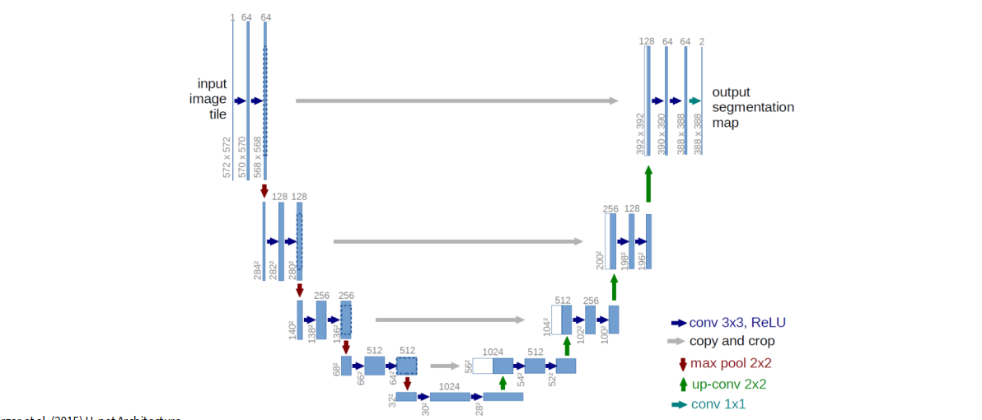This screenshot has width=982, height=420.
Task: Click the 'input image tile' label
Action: (x=211, y=99)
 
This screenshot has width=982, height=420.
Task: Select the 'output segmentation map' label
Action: (x=753, y=107)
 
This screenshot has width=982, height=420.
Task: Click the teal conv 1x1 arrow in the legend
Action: (x=679, y=404)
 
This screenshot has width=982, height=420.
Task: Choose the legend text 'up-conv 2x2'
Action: (x=729, y=384)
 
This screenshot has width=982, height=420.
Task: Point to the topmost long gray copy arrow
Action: (x=456, y=100)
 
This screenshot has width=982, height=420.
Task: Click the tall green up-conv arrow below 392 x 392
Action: (x=648, y=183)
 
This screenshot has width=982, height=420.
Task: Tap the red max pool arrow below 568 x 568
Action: (x=264, y=190)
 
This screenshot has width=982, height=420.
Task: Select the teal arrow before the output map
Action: (x=694, y=100)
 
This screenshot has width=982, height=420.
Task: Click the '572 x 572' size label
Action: (x=227, y=158)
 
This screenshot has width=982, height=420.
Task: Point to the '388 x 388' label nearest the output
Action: (x=699, y=134)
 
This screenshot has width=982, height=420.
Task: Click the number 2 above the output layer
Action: (x=701, y=40)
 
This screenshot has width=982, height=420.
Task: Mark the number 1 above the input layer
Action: (x=233, y=17)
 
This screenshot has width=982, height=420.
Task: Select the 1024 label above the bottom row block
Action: (x=449, y=385)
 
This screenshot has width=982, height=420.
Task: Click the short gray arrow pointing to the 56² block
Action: (x=444, y=366)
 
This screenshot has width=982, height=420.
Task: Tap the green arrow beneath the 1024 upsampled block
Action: (x=503, y=383)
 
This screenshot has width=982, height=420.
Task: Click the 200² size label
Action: (x=600, y=259)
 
